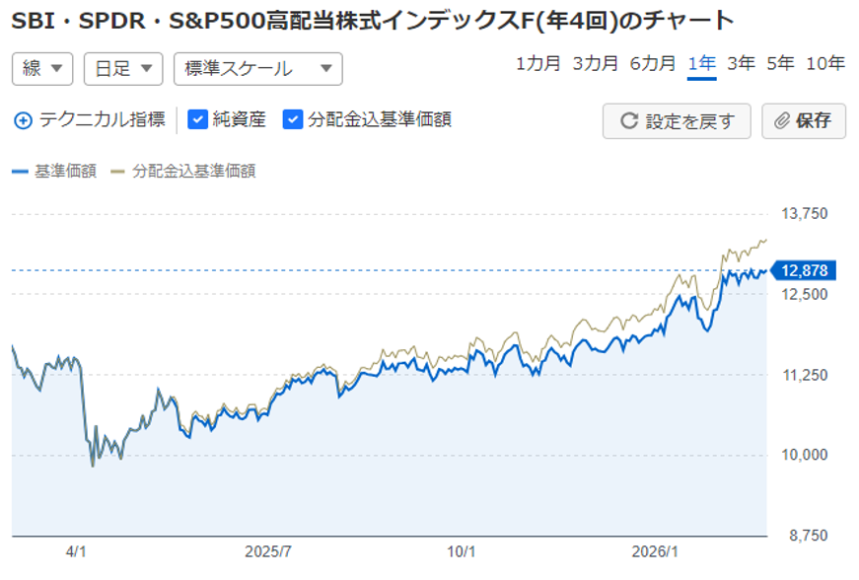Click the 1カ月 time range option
pyautogui.click(x=537, y=64)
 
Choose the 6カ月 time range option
pyautogui.click(x=652, y=64)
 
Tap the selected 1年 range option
pyautogui.click(x=702, y=64)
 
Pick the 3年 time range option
pyautogui.click(x=741, y=64)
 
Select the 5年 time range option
pyautogui.click(x=779, y=64)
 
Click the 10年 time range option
pyautogui.click(x=824, y=64)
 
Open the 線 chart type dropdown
pyautogui.click(x=42, y=68)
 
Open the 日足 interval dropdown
pyautogui.click(x=123, y=68)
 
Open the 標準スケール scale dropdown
pyautogui.click(x=257, y=68)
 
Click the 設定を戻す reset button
pyautogui.click(x=677, y=121)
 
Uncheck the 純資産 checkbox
pyautogui.click(x=197, y=119)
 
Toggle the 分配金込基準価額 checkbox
pyautogui.click(x=292, y=119)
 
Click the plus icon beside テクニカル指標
pyautogui.click(x=23, y=120)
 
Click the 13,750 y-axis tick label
pyautogui.click(x=805, y=214)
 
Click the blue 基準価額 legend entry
pyautogui.click(x=55, y=171)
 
